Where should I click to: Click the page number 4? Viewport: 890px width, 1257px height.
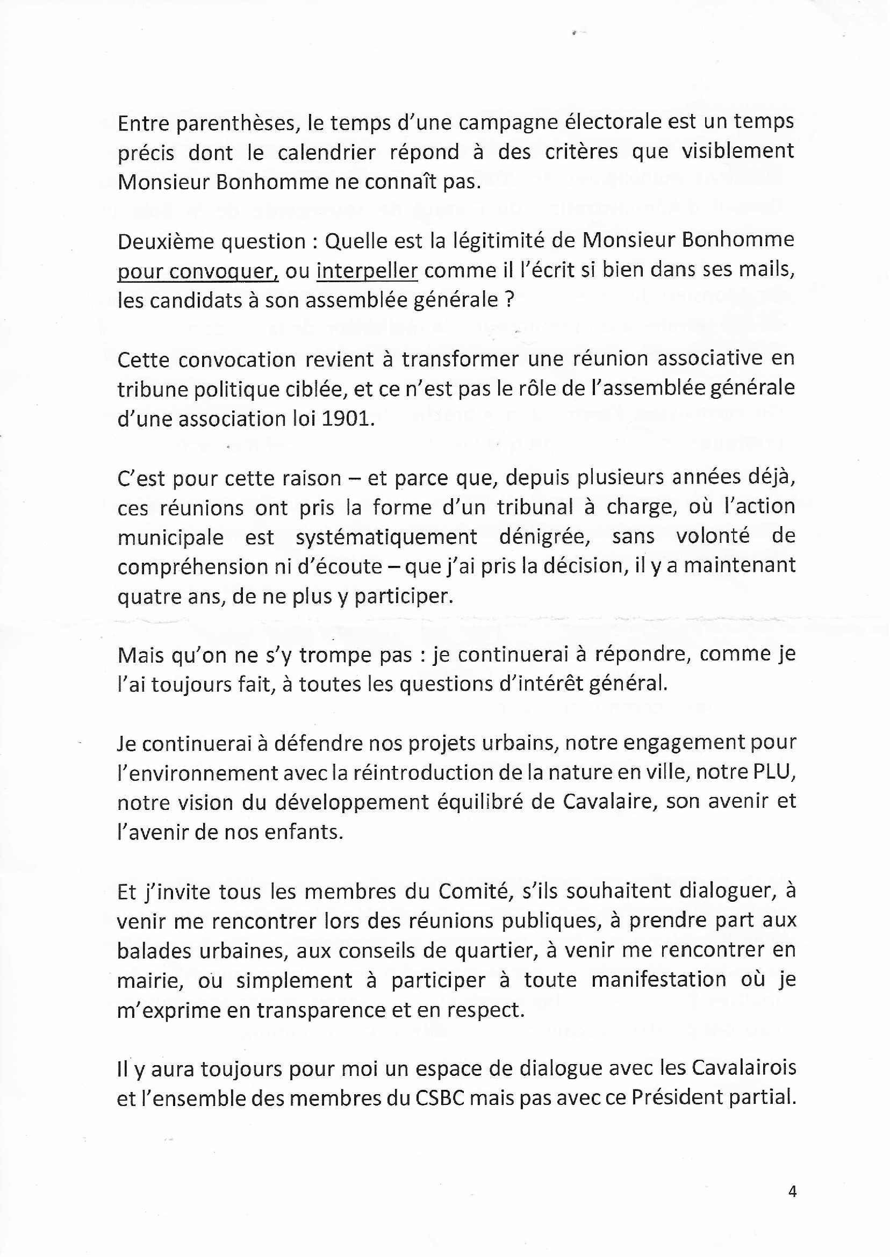click(x=791, y=1191)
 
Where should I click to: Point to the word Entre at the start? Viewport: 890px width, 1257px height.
click(x=143, y=123)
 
